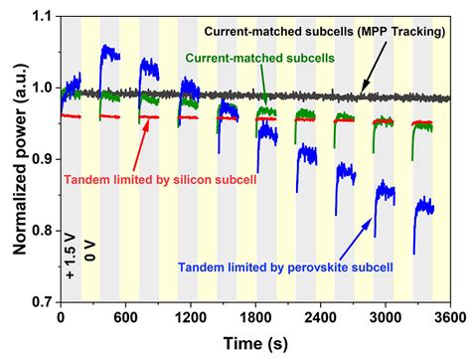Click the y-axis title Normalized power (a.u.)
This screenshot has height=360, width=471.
click(16, 158)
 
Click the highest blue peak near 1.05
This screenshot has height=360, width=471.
click(105, 47)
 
